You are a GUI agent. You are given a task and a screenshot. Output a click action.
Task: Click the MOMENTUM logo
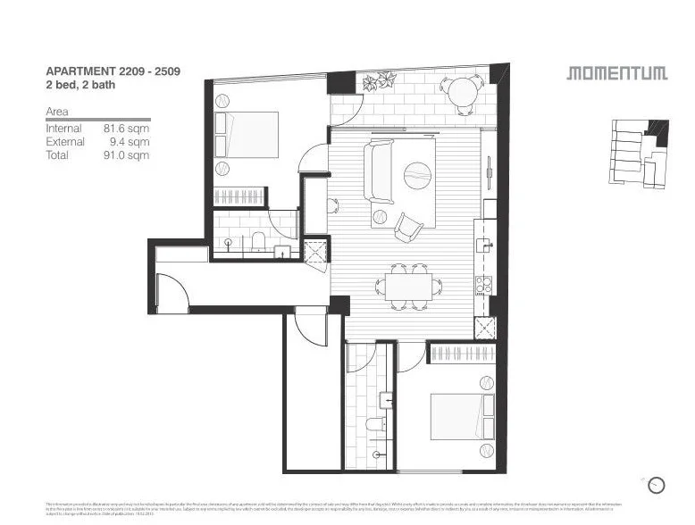point(616,73)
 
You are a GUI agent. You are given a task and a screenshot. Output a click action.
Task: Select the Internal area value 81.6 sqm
point(126,129)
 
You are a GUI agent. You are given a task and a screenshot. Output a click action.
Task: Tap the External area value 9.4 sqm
point(129,142)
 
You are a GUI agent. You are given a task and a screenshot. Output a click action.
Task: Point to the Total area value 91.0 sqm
point(126,155)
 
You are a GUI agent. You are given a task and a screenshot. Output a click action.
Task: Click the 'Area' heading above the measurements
point(57,112)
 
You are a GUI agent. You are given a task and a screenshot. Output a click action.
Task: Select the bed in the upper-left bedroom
point(247,135)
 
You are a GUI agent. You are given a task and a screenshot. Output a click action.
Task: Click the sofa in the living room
point(378,171)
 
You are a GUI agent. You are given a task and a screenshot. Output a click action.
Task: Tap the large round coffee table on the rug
point(417,176)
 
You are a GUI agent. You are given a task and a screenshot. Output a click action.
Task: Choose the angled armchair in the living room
point(407,228)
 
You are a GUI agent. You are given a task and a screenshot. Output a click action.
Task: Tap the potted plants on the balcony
point(376,82)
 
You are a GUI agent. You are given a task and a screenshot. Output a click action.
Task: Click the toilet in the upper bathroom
point(257,241)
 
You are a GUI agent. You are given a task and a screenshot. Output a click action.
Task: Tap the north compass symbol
point(657,485)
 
